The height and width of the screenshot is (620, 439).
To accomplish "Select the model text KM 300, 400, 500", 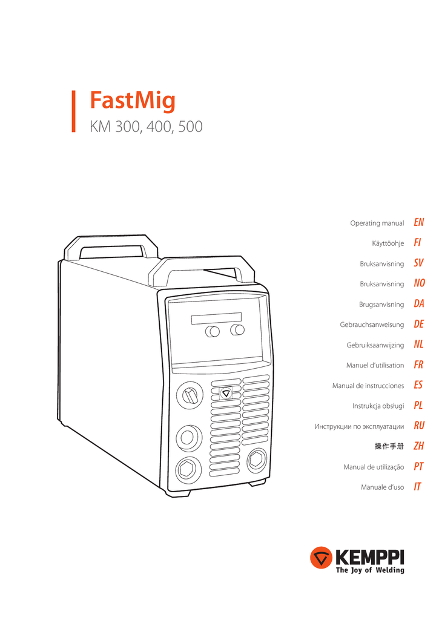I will [x=146, y=127].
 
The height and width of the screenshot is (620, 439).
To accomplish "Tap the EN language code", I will [x=419, y=223].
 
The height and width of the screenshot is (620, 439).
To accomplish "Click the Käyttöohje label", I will [x=388, y=243].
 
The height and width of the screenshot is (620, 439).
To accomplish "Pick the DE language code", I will [x=419, y=325].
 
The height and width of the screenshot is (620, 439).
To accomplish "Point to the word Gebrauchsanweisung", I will [x=372, y=325].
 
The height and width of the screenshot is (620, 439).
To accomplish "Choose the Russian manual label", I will [x=359, y=426].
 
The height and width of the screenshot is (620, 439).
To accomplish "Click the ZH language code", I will [x=419, y=446].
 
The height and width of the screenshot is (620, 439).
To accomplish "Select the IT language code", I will [x=418, y=487].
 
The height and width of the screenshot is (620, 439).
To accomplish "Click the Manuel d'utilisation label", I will [x=375, y=365].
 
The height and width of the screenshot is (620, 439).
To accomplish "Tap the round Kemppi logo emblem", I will [x=320, y=558].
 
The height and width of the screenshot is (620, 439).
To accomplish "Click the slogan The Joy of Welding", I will [x=369, y=570].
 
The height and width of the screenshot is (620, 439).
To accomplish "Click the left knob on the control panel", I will [x=213, y=331].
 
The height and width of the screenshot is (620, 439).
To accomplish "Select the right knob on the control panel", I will [x=238, y=329].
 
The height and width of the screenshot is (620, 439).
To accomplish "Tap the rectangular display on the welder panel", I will [x=216, y=318].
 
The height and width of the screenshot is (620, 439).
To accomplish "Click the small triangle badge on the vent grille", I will [x=226, y=392].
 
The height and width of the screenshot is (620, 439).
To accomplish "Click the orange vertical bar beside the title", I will [x=74, y=112].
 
